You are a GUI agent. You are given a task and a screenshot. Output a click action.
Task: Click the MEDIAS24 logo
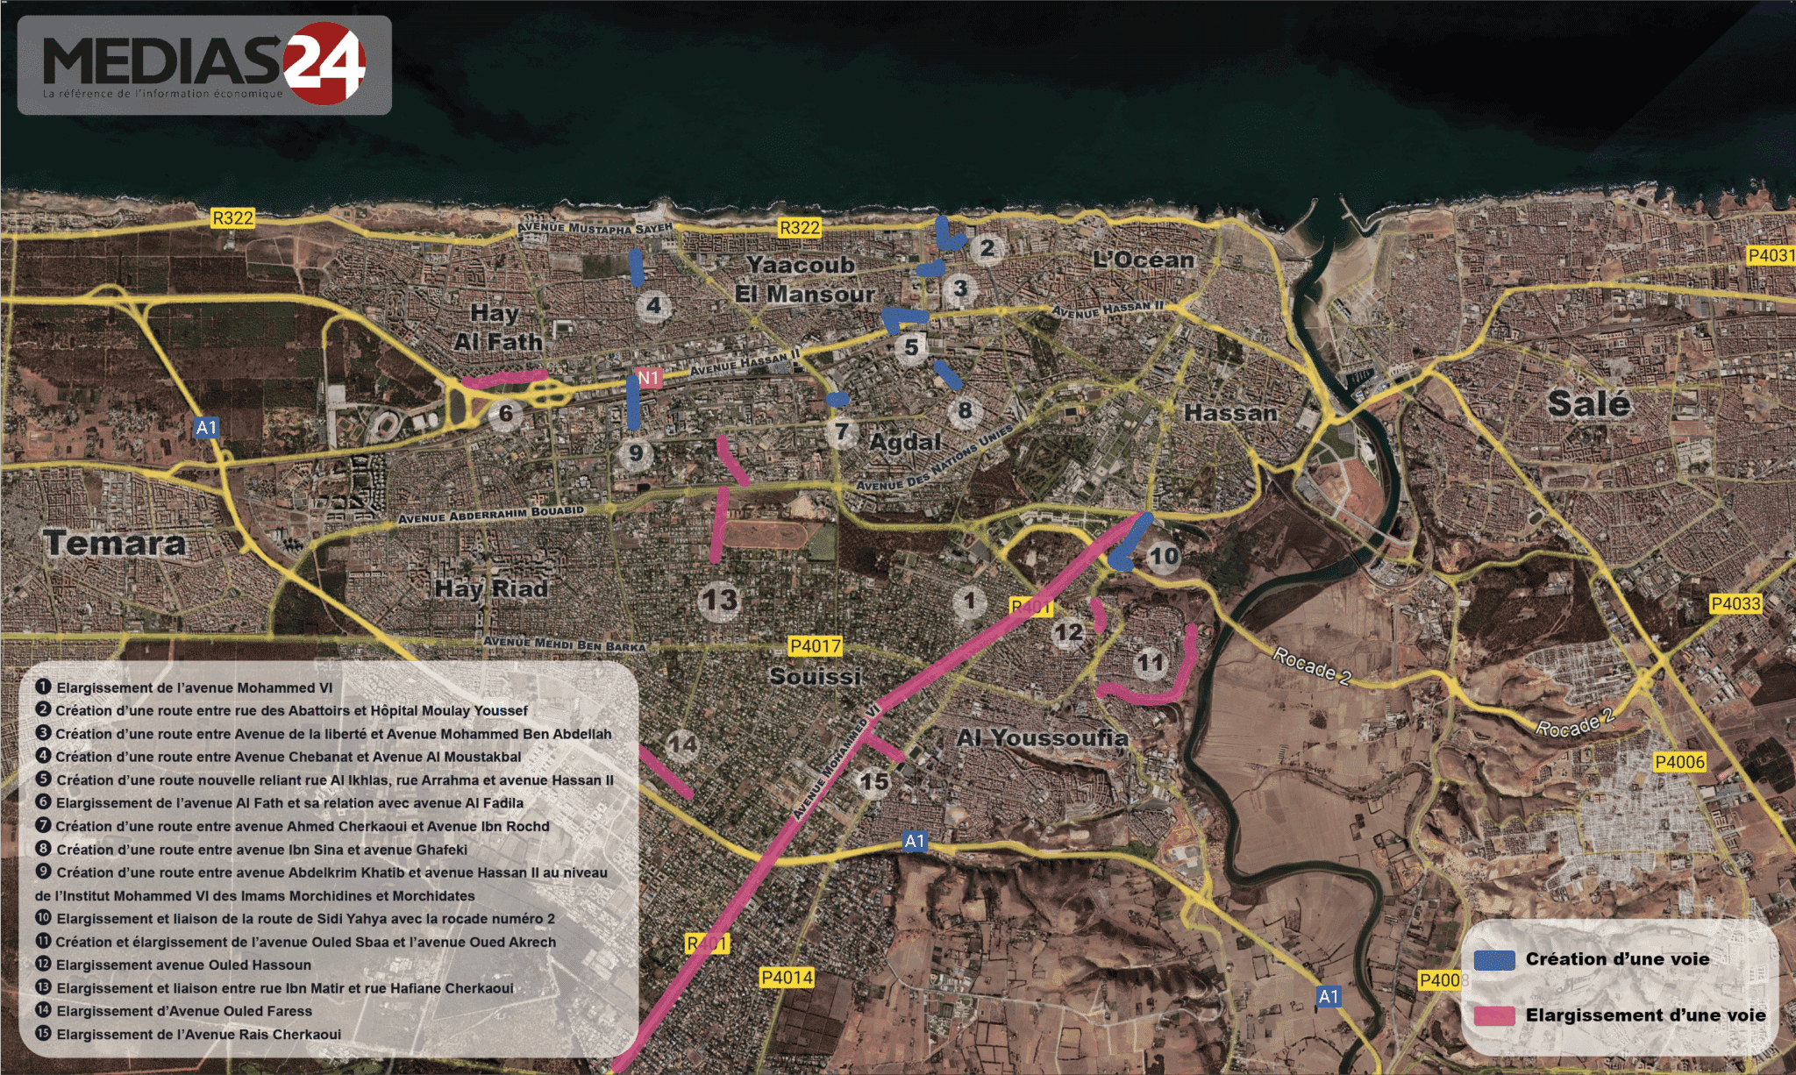pyautogui.click(x=204, y=65)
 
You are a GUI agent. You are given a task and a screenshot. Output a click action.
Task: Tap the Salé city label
pyautogui.click(x=1588, y=403)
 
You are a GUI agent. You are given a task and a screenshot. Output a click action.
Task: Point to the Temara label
pyautogui.click(x=115, y=543)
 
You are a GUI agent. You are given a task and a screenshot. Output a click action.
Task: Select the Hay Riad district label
pyautogui.click(x=491, y=588)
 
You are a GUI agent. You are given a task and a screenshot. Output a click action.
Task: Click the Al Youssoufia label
pyautogui.click(x=1042, y=737)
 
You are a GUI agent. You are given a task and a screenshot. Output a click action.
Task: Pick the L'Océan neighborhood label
pyautogui.click(x=1143, y=260)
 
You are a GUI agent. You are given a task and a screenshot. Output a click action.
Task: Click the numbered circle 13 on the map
pyautogui.click(x=719, y=601)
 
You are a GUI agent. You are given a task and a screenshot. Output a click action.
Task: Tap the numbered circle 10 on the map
pyautogui.click(x=1164, y=556)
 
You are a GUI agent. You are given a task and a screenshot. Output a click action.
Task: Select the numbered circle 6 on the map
pyautogui.click(x=505, y=413)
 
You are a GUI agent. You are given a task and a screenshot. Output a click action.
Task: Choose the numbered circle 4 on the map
pyautogui.click(x=653, y=306)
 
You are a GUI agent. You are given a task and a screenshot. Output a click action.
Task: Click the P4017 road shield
pyautogui.click(x=816, y=646)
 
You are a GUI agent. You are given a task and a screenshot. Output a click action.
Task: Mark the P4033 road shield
pyautogui.click(x=1735, y=603)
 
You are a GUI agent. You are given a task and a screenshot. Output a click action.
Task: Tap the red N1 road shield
pyautogui.click(x=648, y=378)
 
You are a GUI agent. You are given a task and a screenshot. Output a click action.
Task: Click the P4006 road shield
pyautogui.click(x=1679, y=762)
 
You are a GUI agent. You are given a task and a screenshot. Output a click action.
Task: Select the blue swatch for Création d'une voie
pyautogui.click(x=1494, y=960)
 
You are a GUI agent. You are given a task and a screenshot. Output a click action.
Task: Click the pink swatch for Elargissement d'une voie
pyautogui.click(x=1494, y=1015)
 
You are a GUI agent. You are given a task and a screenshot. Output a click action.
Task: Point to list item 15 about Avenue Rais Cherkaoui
pyautogui.click(x=197, y=1035)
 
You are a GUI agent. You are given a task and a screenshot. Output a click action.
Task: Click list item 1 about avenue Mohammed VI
pyautogui.click(x=193, y=688)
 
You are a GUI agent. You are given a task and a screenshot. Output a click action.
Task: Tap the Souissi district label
pyautogui.click(x=816, y=676)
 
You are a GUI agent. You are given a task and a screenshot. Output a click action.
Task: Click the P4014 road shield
pyautogui.click(x=787, y=977)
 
